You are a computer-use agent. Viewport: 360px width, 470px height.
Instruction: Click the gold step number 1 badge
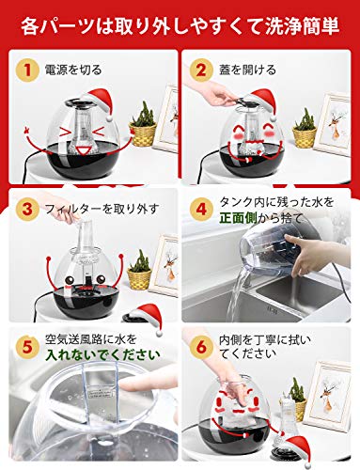coord(27,70)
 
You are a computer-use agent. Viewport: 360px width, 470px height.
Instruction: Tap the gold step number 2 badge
coord(201,70)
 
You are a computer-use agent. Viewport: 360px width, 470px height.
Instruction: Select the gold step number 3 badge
coord(27,209)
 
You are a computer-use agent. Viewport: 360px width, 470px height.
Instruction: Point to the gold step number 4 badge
coord(201,209)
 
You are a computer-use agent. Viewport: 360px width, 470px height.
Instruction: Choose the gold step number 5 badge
coord(27,347)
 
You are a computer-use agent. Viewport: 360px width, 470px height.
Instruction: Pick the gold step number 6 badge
coord(201,347)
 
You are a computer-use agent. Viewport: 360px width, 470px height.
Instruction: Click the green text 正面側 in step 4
coord(238,218)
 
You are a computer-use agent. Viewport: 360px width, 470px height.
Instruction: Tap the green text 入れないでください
coord(102,354)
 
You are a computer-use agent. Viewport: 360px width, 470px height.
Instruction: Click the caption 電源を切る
coord(73,70)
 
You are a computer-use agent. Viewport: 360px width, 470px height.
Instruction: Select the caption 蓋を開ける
coord(247,70)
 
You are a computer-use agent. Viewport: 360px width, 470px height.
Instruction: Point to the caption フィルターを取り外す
coord(102,209)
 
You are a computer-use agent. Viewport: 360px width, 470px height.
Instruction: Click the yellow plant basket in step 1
coord(143,134)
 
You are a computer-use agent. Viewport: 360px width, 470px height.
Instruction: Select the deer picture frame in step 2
coord(333,124)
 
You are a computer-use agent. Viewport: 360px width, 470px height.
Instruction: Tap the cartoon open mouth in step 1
coord(84,151)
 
